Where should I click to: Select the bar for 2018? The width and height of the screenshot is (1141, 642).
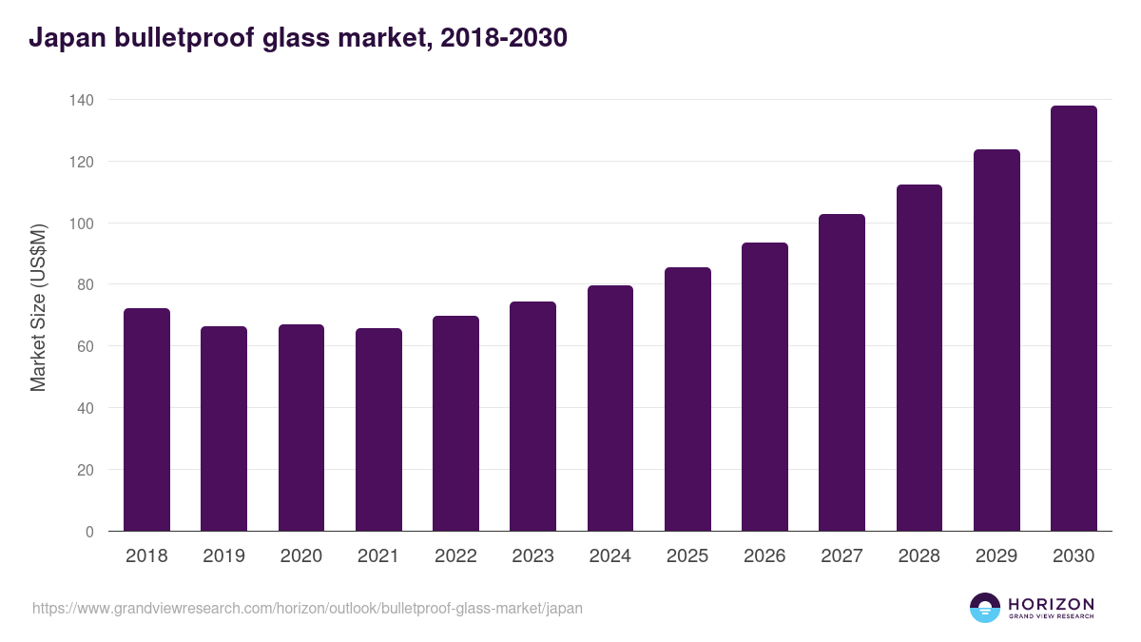tap(146, 419)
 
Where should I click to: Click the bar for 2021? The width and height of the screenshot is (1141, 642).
tap(378, 430)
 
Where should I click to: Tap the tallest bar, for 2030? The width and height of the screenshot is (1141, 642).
tap(1073, 319)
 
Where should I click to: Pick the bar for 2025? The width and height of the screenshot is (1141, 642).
tap(687, 399)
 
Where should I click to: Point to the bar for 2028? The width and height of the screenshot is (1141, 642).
tap(919, 358)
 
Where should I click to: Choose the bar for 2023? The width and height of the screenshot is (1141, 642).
tap(532, 417)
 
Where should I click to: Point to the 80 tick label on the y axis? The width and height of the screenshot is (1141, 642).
tap(85, 284)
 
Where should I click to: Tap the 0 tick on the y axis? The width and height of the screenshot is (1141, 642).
tap(89, 532)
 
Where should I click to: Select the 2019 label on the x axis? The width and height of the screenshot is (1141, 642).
tap(223, 556)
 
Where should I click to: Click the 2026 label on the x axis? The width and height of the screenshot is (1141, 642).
tap(764, 556)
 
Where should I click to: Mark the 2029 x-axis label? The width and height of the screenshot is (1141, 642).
tap(996, 556)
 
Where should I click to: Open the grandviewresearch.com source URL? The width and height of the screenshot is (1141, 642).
tap(307, 608)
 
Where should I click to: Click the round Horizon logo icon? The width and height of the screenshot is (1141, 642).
tap(985, 608)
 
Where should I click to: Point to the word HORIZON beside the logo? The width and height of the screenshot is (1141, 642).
tap(1051, 603)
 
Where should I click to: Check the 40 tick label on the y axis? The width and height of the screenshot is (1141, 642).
tap(85, 408)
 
